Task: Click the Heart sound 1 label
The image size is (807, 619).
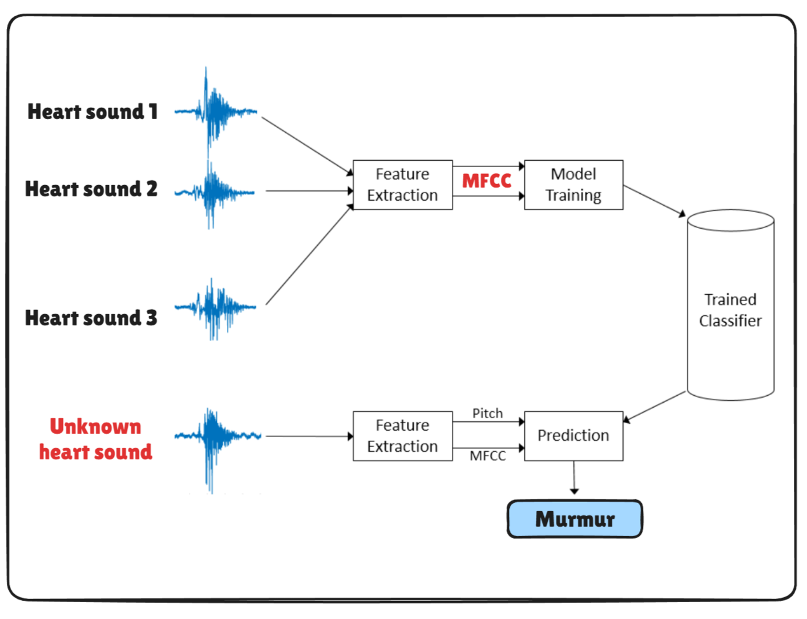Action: coord(92,112)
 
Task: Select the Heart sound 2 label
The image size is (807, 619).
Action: coord(91,189)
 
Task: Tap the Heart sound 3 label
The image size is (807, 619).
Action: coord(91,318)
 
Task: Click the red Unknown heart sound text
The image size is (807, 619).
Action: coord(95,439)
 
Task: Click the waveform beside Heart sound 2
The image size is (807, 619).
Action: coord(214,192)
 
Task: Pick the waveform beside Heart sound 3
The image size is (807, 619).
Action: coord(214,307)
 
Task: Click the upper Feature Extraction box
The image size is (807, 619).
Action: coord(402,185)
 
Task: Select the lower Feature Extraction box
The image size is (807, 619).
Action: coord(402,436)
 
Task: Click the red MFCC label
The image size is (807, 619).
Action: coord(487,181)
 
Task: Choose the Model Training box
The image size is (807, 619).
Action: coord(573,185)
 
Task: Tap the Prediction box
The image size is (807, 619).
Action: coord(573,436)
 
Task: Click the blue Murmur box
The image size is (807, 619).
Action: coord(575,519)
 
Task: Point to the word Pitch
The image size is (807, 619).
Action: coord(487,413)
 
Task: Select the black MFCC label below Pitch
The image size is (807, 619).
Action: coord(488,456)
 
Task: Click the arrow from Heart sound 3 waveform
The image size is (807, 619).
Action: coord(308,256)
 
